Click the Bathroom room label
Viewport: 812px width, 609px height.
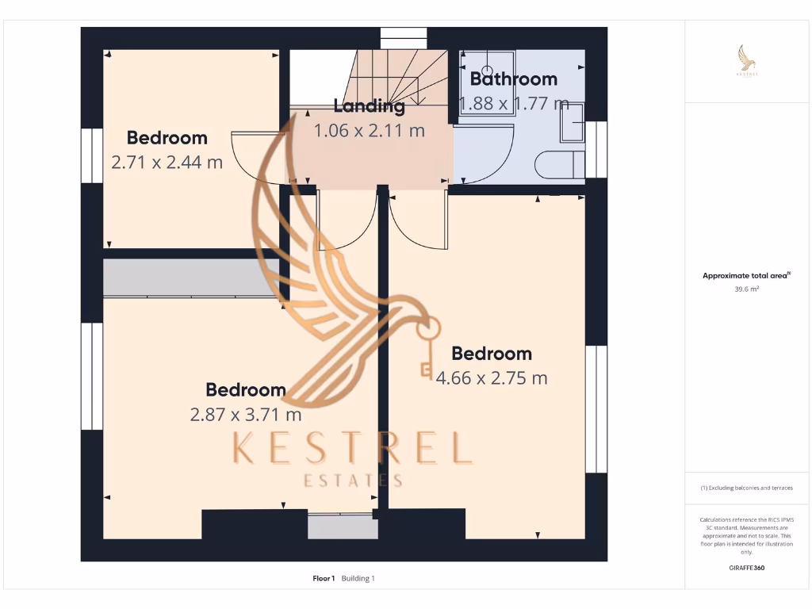513,79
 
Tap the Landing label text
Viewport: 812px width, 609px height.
369,105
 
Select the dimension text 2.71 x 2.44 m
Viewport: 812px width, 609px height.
167,163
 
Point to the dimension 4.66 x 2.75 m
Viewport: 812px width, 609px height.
491,378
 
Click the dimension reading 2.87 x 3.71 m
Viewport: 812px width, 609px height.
245,414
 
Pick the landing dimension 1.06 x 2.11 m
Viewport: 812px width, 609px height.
369,131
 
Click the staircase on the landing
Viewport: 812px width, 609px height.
396,75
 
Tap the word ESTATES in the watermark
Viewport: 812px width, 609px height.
354,481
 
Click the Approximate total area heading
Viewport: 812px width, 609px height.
746,276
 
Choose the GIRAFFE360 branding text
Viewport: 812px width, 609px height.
746,568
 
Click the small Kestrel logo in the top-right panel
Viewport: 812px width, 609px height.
746,62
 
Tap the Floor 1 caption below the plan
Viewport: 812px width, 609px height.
324,579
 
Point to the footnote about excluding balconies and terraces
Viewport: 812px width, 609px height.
746,488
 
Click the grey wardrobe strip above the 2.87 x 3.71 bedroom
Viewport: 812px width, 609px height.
190,278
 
